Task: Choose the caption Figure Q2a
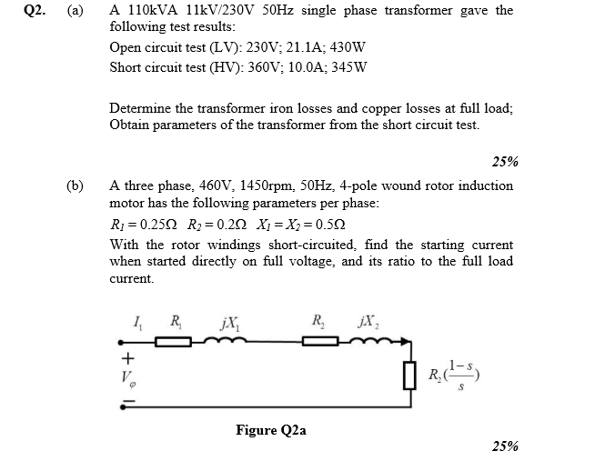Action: pos(270,429)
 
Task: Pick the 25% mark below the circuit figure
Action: pos(504,446)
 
